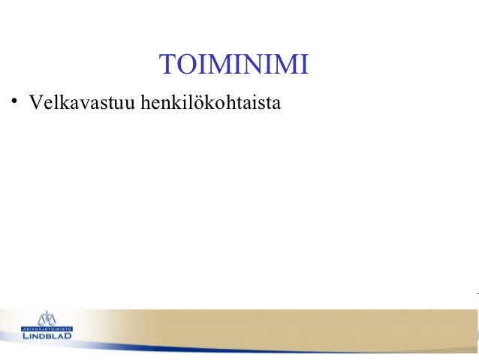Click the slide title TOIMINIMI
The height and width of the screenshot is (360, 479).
click(233, 65)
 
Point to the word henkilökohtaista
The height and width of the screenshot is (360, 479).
click(206, 101)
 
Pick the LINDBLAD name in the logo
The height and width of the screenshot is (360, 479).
click(47, 335)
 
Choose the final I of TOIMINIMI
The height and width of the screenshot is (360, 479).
click(303, 66)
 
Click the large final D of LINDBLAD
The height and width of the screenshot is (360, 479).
click(68, 335)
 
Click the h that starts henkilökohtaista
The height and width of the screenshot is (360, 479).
click(135, 101)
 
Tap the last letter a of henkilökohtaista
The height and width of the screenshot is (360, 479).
click(276, 101)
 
